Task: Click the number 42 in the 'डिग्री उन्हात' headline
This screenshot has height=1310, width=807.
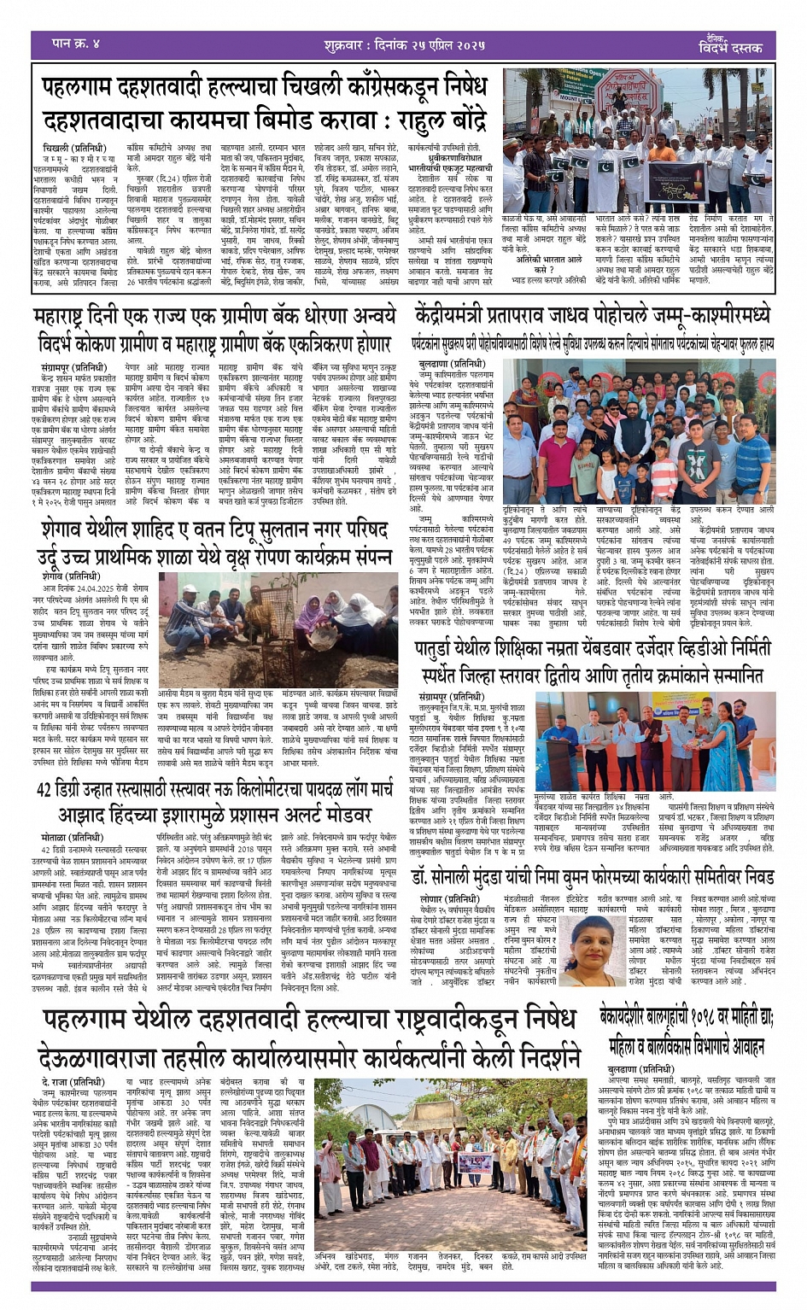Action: coord(44,790)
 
